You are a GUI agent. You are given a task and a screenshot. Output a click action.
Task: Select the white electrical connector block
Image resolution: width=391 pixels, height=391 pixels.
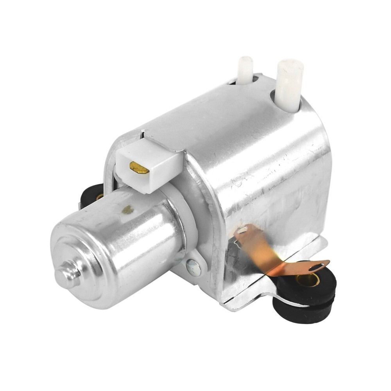point(149,164)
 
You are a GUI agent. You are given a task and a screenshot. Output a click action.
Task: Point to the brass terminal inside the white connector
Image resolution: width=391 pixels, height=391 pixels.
point(139,168)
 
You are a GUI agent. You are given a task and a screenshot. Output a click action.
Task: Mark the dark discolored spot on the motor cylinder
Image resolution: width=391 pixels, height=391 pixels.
point(127,210)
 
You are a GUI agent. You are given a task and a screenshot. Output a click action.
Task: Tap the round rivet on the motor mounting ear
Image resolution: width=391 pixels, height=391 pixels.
point(193,267)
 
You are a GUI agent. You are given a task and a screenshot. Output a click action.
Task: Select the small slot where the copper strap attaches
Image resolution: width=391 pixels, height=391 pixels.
point(242,230)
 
